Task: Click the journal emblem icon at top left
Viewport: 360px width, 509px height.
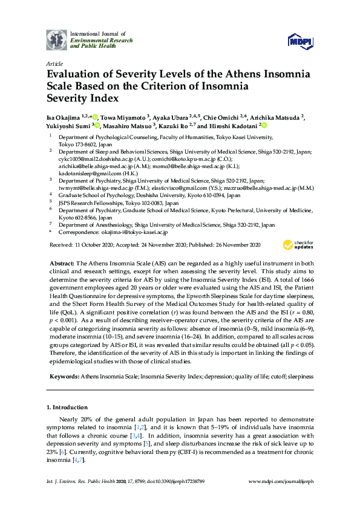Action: tap(57, 41)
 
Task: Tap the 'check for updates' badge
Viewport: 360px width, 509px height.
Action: tap(296, 245)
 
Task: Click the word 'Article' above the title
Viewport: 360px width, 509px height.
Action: tap(54, 63)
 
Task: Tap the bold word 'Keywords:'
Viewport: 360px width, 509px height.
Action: tap(63, 376)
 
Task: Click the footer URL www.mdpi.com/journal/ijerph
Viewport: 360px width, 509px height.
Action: tap(281, 498)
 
